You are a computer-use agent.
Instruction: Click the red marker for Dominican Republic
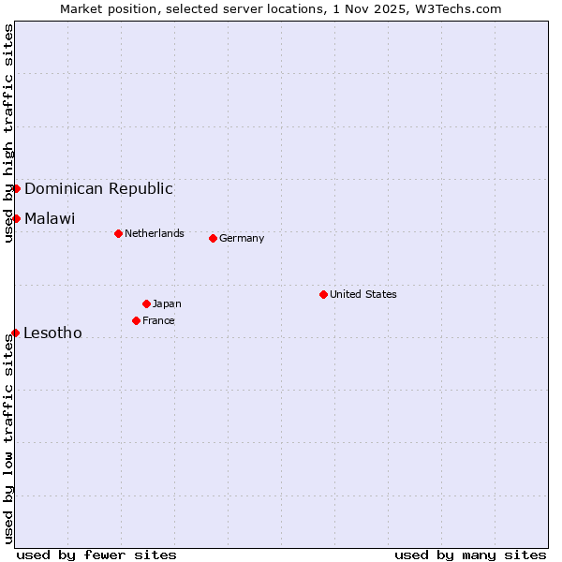pos(16,188)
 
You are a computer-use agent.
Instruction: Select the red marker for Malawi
pos(16,218)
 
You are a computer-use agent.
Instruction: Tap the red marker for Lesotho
pos(15,333)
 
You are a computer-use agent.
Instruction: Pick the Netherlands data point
pos(118,233)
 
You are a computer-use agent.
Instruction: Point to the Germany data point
pos(213,238)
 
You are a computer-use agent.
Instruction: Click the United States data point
pos(323,294)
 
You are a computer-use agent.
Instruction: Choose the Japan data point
pos(146,303)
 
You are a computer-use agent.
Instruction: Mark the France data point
pos(136,320)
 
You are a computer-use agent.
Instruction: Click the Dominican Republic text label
pos(98,188)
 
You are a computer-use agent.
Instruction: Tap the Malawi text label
pos(50,218)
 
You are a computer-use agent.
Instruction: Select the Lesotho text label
pos(52,333)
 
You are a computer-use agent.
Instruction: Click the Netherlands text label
pos(155,233)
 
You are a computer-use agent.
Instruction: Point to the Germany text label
pos(242,238)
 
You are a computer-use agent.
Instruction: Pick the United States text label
pos(363,294)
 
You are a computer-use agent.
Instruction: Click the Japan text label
pos(167,303)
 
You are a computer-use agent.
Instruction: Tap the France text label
pos(158,320)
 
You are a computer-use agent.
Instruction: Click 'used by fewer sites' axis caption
pos(96,555)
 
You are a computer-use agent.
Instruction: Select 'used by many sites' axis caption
pos(470,555)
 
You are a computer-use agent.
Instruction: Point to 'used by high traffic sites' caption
pos(8,133)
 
